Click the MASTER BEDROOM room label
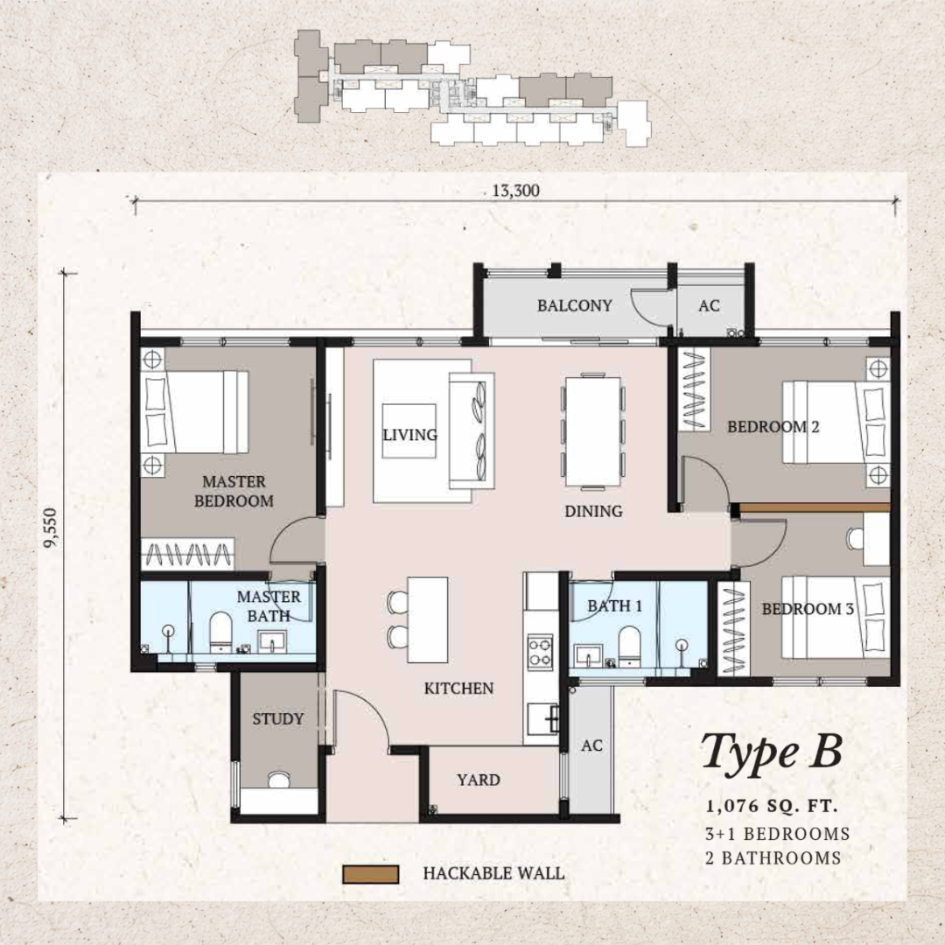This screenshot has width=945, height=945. click(234, 491)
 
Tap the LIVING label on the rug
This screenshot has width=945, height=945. click(409, 435)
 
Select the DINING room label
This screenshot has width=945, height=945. click(593, 511)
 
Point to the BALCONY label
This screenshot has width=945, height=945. click(574, 305)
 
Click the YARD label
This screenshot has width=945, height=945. click(479, 780)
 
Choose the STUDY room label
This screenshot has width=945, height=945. click(278, 719)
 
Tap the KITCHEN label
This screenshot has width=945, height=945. click(458, 689)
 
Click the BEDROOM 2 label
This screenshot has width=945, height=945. click(773, 427)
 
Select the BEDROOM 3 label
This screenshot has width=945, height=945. click(807, 609)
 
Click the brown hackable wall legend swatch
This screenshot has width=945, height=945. click(371, 873)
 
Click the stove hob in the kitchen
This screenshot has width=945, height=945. click(541, 649)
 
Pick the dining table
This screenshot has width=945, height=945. click(593, 430)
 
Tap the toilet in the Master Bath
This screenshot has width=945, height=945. click(220, 632)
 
